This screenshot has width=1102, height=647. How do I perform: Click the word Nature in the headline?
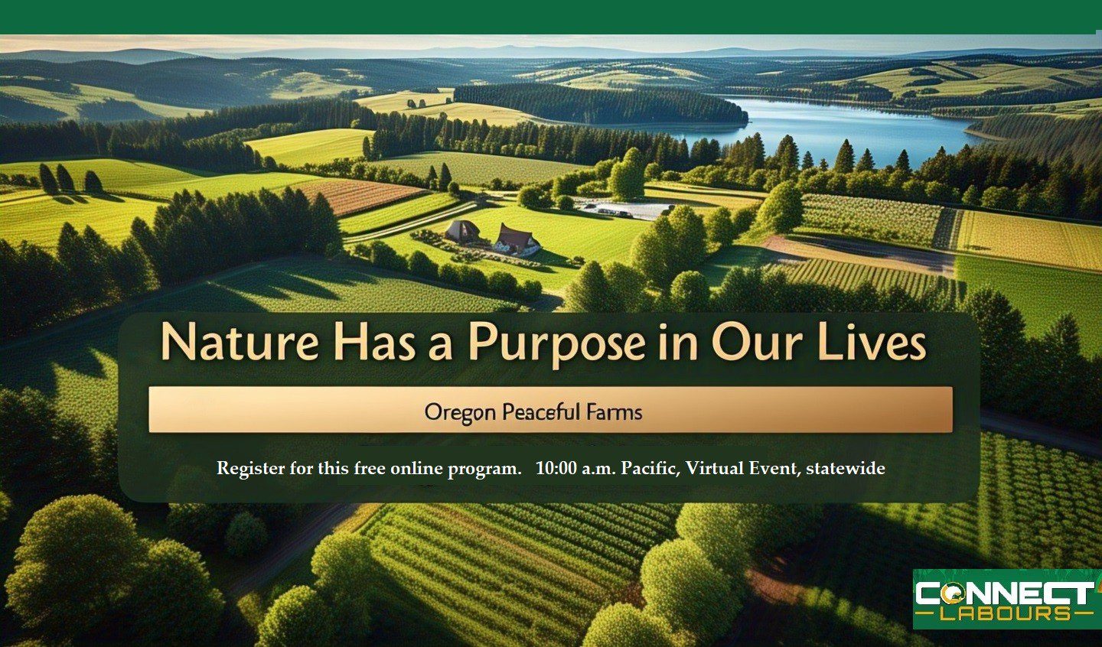[239, 342]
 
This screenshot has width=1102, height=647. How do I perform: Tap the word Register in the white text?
[251, 469]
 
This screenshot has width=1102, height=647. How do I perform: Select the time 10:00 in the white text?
[556, 468]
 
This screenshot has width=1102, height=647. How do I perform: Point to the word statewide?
[845, 469]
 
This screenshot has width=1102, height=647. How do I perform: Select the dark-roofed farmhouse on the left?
[462, 231]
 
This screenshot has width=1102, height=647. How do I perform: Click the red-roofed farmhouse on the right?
[517, 239]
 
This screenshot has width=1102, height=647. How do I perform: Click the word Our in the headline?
[754, 342]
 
